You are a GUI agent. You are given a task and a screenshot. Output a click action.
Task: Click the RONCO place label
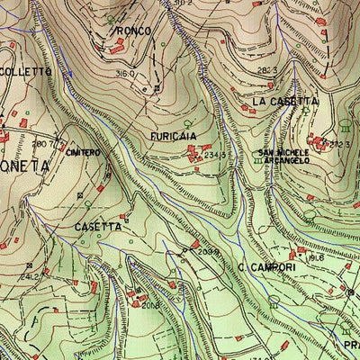pyautogui.click(x=132, y=31)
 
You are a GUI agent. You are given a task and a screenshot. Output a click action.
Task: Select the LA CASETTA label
pyautogui.click(x=284, y=102)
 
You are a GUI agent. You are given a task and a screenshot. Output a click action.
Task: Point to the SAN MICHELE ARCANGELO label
pyautogui.click(x=283, y=156)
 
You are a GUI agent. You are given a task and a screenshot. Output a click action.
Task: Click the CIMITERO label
pyautogui.click(x=81, y=153)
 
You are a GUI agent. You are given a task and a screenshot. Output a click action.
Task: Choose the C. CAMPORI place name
pyautogui.click(x=268, y=267)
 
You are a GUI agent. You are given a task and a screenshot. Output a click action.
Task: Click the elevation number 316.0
pyautogui.click(x=125, y=74)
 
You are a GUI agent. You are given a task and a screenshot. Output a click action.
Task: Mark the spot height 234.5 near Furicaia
pyautogui.click(x=214, y=156)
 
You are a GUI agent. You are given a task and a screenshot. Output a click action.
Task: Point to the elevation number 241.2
pyautogui.click(x=29, y=277)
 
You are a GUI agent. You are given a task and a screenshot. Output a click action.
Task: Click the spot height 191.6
pyautogui.click(x=315, y=256)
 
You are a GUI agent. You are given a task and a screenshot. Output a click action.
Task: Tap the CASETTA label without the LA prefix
pyautogui.click(x=98, y=227)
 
